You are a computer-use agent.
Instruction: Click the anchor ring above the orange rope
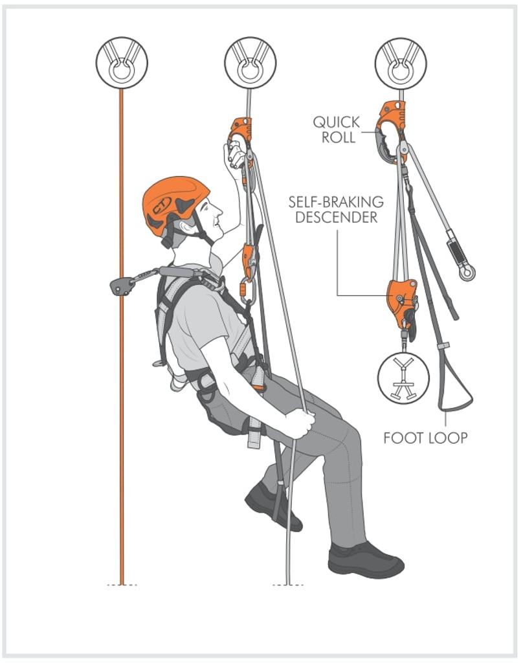tap(122, 63)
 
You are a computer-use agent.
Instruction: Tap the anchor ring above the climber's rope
tap(250, 63)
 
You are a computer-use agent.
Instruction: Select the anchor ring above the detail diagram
tap(401, 63)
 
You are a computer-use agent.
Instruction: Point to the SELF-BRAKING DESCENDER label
tap(336, 209)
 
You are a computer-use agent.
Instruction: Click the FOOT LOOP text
tap(425, 438)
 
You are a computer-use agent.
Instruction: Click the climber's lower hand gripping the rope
tap(300, 423)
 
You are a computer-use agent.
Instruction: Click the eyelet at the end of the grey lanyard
tap(467, 273)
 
